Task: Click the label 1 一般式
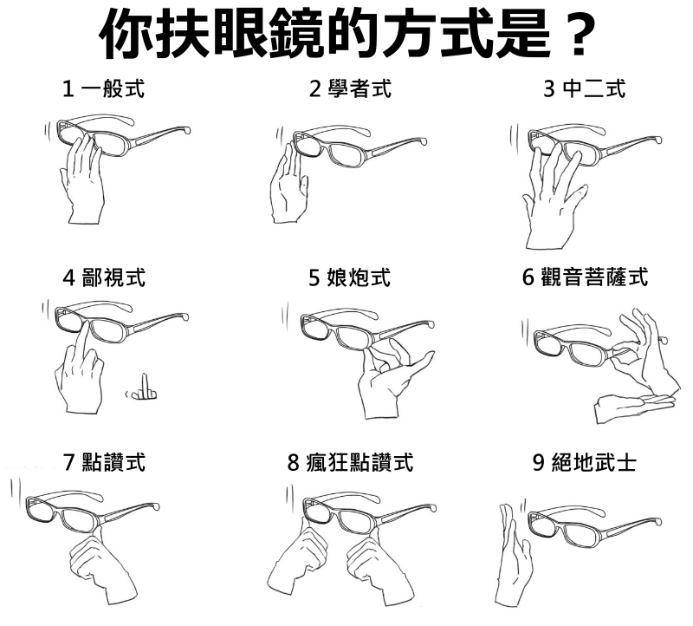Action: pyautogui.click(x=104, y=88)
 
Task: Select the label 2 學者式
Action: pyautogui.click(x=350, y=88)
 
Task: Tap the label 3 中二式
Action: pyautogui.click(x=584, y=88)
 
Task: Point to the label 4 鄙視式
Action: pyautogui.click(x=104, y=277)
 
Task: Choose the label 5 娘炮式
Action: pyautogui.click(x=350, y=277)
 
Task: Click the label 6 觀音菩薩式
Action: pyautogui.click(x=586, y=277)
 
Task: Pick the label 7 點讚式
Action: pyautogui.click(x=104, y=462)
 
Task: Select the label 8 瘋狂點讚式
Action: pyautogui.click(x=350, y=462)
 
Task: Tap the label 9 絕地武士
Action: pyautogui.click(x=584, y=462)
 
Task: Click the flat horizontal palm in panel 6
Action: pyautogui.click(x=634, y=407)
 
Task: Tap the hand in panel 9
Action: pyautogui.click(x=513, y=555)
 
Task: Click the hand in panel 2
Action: pyautogui.click(x=288, y=186)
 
